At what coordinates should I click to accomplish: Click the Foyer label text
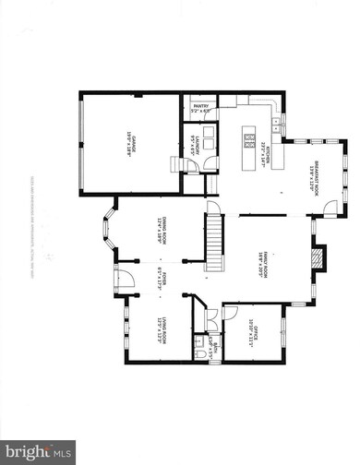click(x=158, y=280)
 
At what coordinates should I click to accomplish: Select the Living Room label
click(x=160, y=328)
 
